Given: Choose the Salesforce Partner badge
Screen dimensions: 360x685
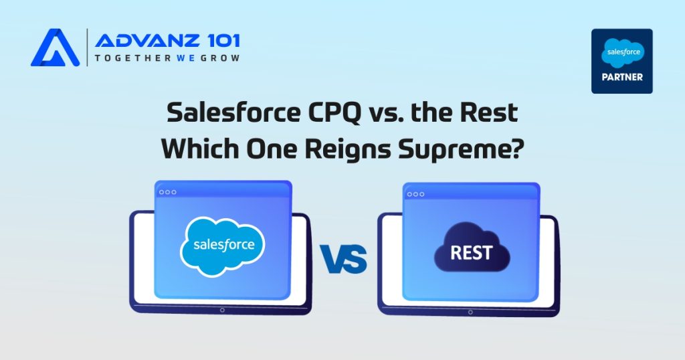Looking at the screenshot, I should click(x=621, y=61).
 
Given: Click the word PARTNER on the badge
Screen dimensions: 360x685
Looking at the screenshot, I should click(x=621, y=77).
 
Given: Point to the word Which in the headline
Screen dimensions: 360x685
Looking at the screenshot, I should click(x=199, y=148).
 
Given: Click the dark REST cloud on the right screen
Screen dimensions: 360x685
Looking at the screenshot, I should click(x=471, y=252).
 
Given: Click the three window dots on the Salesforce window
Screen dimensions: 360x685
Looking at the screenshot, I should click(x=167, y=192).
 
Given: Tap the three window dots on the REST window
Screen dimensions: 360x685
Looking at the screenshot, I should click(x=416, y=194).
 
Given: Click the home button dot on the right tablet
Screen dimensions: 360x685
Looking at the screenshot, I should click(x=470, y=311).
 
